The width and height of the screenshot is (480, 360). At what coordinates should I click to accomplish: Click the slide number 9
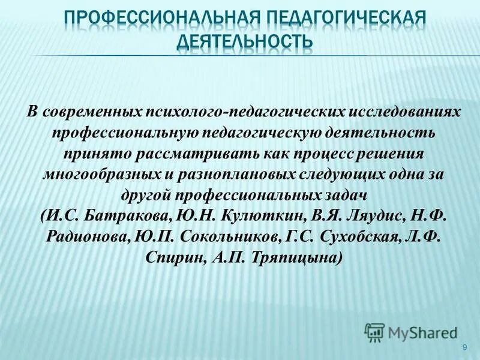465,348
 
